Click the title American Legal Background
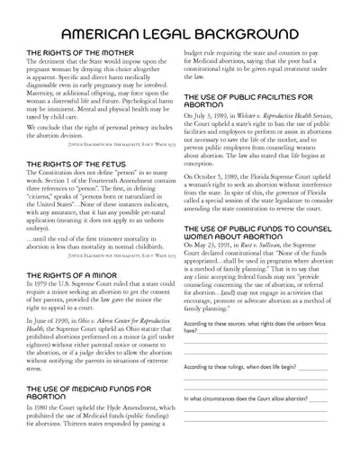click(x=180, y=34)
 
